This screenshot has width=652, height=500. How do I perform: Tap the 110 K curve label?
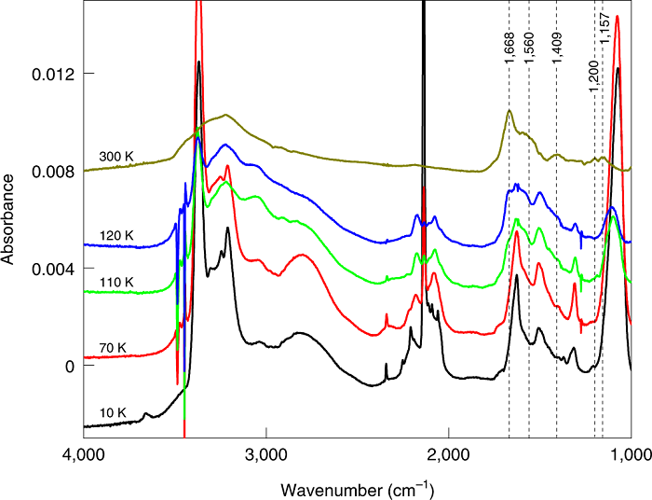pos(116,282)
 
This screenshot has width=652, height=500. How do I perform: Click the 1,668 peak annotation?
pos(509,48)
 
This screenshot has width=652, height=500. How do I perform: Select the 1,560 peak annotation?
pos(529,48)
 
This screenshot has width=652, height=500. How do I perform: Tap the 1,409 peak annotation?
pos(557,48)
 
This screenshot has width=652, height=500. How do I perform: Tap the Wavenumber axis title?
pos(358,488)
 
